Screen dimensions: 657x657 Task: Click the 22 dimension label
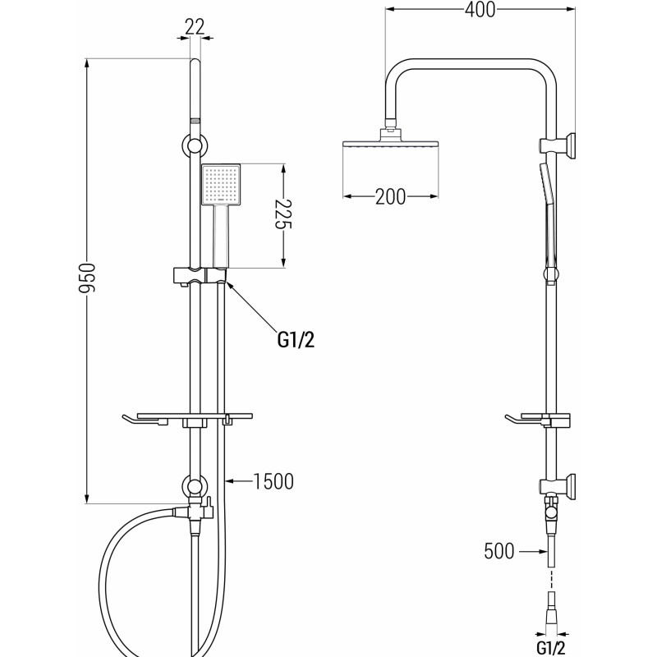tap(195, 27)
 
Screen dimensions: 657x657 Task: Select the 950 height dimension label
tap(88, 278)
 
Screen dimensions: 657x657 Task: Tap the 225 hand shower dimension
tap(283, 214)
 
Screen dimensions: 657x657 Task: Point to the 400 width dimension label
tap(480, 10)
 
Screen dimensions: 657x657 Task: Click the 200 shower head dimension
tap(390, 196)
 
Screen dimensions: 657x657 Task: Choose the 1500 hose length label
tap(273, 481)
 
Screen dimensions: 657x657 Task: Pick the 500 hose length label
tap(498, 551)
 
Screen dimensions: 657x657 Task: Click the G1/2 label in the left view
tap(296, 340)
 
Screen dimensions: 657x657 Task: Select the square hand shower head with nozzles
tap(221, 185)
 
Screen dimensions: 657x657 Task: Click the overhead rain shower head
tap(391, 140)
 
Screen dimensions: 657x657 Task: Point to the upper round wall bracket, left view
tap(194, 146)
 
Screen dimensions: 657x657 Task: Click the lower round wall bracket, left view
tap(194, 486)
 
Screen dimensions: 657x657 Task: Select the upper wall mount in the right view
tap(558, 146)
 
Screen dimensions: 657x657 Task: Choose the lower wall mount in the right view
tap(558, 485)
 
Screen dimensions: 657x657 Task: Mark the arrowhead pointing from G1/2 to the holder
tap(230, 285)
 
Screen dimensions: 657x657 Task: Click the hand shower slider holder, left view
tap(200, 275)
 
